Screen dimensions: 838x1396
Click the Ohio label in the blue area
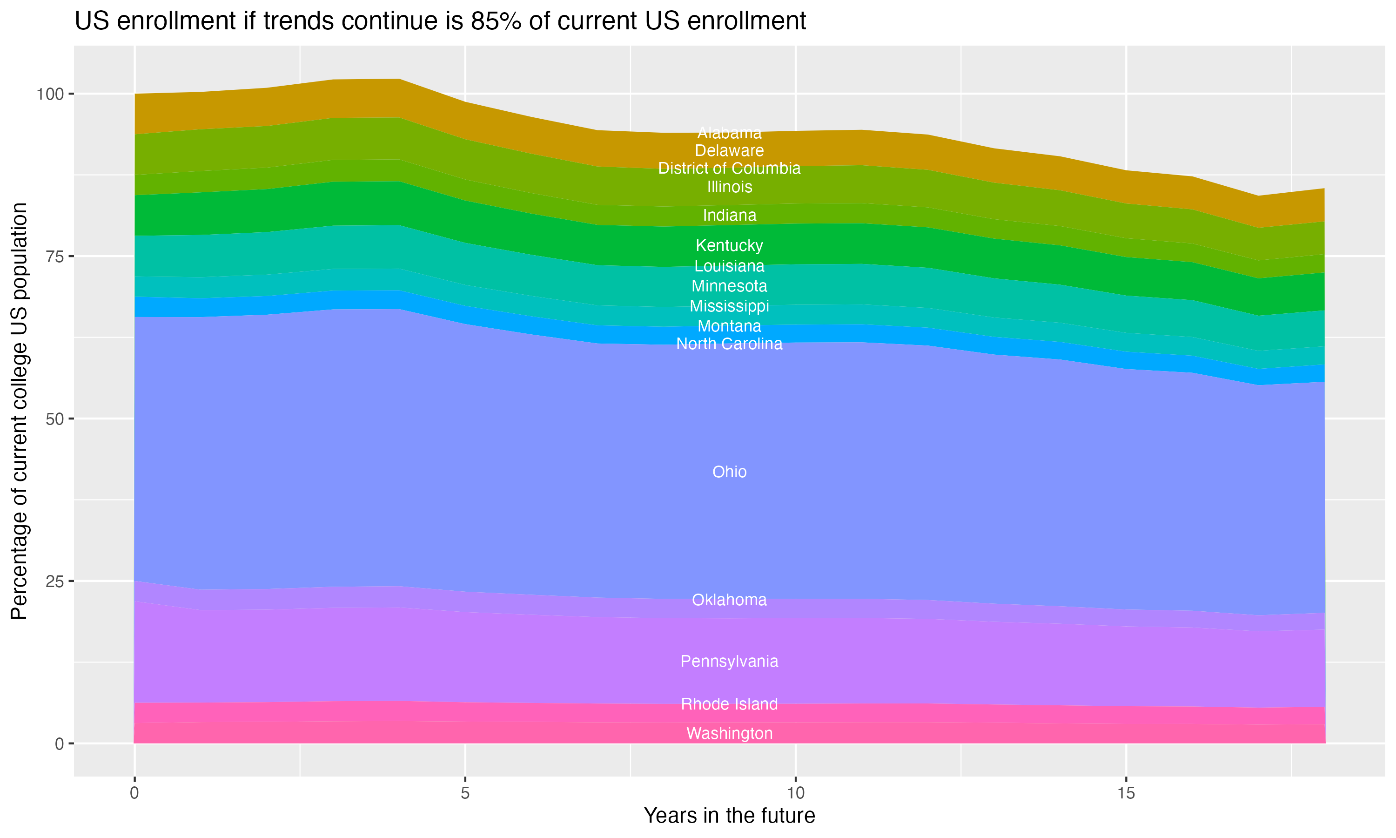pos(729,472)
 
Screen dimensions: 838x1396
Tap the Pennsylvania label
pos(729,661)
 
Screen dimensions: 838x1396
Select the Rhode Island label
pos(729,704)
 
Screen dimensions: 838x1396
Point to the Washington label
pos(729,734)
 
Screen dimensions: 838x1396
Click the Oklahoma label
pos(729,600)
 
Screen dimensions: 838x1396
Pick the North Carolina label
pos(729,344)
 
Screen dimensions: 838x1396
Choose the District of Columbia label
pos(729,168)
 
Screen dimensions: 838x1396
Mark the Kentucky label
pos(729,246)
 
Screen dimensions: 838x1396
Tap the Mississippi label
pos(729,306)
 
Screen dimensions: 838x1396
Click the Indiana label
pos(729,215)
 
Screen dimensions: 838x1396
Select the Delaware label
pos(729,151)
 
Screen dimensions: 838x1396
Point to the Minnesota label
pos(729,286)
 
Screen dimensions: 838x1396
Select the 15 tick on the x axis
pos(1126,793)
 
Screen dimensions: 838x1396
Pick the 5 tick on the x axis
pos(465,793)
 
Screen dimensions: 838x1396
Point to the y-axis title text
pos(19,411)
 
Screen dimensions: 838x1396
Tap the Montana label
pos(729,326)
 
